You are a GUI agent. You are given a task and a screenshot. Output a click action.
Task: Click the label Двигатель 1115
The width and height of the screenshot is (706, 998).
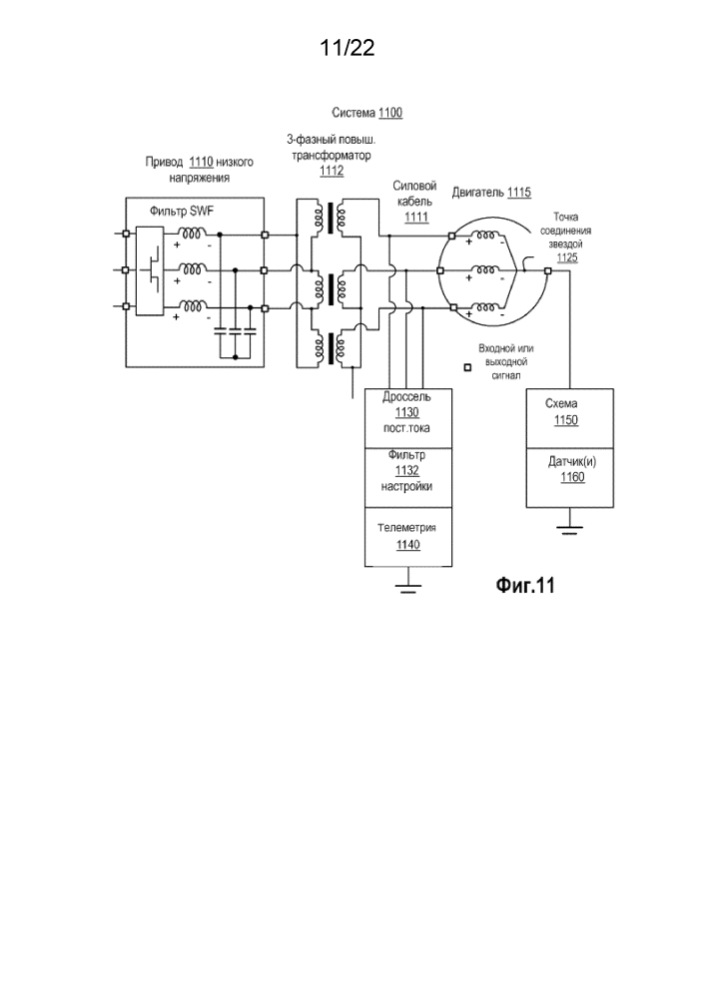(x=490, y=192)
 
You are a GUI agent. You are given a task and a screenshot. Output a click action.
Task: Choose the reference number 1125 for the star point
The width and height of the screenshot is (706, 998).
(x=565, y=256)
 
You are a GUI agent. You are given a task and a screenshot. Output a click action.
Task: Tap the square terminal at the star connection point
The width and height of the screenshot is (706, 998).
(x=547, y=269)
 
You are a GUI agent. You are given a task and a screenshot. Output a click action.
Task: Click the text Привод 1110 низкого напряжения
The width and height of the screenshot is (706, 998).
(x=200, y=168)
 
